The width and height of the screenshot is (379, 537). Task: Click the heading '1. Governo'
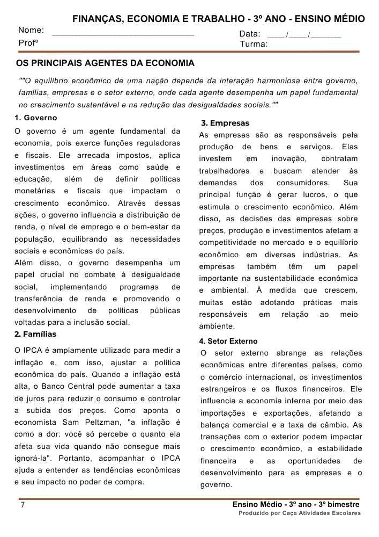point(36,118)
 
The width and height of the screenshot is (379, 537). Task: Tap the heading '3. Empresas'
point(225,124)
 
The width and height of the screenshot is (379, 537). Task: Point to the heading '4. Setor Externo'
point(228,341)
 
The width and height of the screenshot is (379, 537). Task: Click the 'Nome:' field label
point(31,31)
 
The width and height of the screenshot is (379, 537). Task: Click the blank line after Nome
point(123,33)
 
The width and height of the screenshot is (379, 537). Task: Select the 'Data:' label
point(250,34)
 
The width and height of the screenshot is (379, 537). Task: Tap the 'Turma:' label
point(254,44)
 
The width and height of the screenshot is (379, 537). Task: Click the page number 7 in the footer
point(23,505)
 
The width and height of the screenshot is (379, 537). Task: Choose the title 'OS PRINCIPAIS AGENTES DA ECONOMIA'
point(106,64)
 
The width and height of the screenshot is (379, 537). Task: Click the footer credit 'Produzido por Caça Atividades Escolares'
point(300,513)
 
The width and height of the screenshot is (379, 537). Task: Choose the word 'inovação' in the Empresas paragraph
point(289,159)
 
